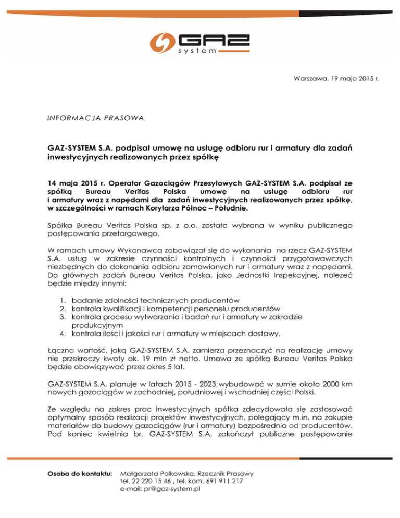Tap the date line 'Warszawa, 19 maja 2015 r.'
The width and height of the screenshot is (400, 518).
tap(335, 79)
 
